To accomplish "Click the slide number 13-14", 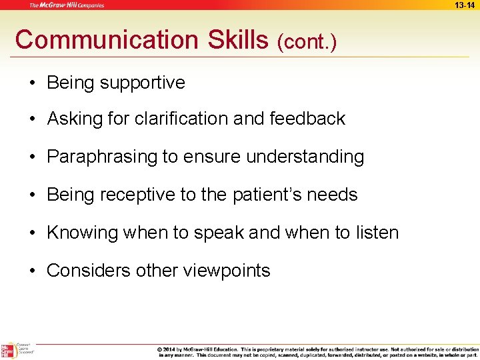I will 465,5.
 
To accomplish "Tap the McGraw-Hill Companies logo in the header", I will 66,5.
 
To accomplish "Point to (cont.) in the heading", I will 307,42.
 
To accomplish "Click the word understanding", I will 305,157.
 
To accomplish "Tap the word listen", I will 376,233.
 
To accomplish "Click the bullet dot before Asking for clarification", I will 32,119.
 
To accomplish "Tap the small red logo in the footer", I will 8,351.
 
